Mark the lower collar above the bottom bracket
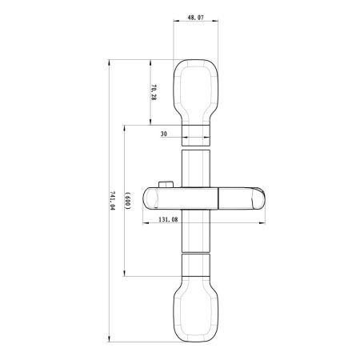point(197,265)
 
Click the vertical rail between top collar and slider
point(197,168)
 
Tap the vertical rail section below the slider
point(197,232)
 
